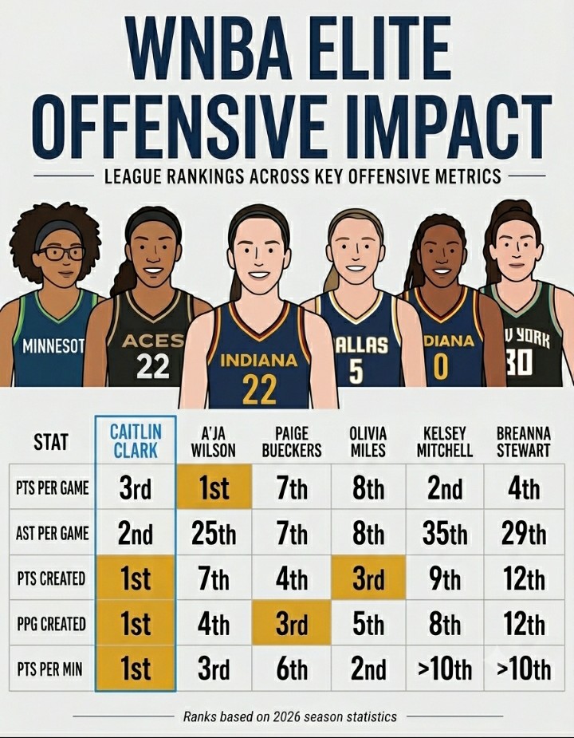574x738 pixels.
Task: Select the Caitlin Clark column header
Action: (x=136, y=441)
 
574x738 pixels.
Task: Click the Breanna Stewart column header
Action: (x=523, y=442)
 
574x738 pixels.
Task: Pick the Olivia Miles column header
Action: (x=368, y=442)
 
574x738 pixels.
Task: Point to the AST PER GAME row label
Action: (x=53, y=533)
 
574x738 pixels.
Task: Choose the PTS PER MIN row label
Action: (x=49, y=669)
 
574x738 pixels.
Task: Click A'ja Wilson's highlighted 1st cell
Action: (x=214, y=487)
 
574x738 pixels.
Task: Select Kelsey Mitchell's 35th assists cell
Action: (x=445, y=533)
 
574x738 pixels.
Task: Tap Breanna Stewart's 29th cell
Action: (x=524, y=533)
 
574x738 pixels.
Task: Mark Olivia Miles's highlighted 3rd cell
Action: (x=368, y=578)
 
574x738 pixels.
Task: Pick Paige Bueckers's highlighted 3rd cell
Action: (x=292, y=622)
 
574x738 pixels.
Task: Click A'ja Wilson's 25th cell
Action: (x=214, y=533)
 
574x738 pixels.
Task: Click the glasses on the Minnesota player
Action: (x=61, y=253)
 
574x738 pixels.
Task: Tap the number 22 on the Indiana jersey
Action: (x=259, y=389)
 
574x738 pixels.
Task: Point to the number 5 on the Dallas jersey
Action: (x=356, y=370)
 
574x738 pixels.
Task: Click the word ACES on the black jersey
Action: (x=152, y=341)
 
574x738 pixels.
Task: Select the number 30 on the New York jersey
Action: (x=520, y=363)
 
